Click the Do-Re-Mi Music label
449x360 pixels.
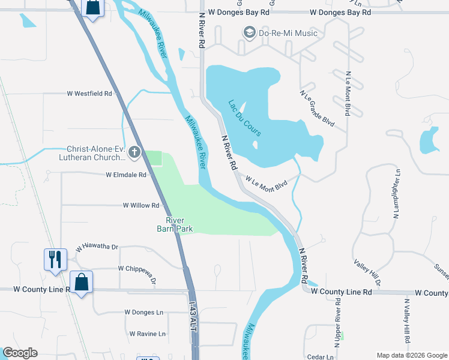288,33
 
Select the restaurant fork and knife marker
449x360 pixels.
55,260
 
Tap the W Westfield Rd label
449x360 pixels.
89,94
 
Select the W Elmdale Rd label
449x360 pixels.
126,175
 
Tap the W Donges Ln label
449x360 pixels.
143,312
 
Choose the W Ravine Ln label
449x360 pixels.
148,334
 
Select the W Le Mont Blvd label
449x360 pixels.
266,183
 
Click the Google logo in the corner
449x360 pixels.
20,353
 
